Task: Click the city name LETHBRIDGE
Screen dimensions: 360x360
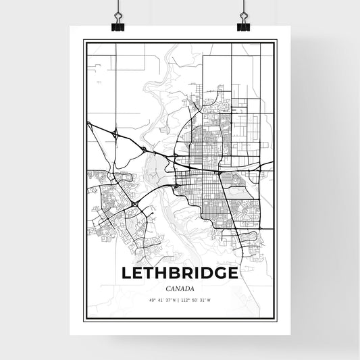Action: click(180, 274)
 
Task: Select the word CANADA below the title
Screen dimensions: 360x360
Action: click(180, 288)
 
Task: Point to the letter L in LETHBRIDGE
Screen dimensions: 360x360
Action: click(126, 274)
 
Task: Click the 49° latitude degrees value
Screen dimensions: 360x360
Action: click(152, 300)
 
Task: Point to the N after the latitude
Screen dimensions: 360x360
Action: click(174, 300)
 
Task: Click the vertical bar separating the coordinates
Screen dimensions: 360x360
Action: click(180, 300)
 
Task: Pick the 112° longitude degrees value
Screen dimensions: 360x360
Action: click(186, 300)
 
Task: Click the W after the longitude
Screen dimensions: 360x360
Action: click(209, 300)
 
